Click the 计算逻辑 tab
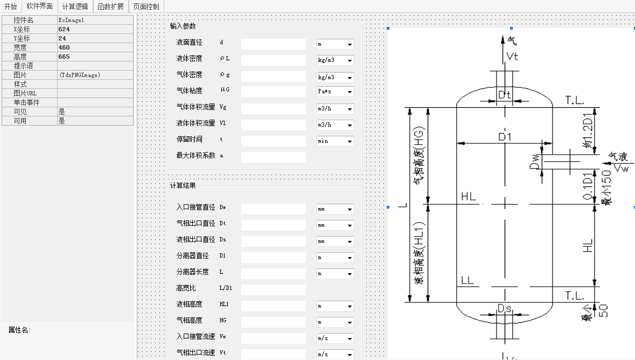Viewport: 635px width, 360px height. pyautogui.click(x=75, y=6)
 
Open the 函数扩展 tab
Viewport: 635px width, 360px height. pyautogui.click(x=110, y=6)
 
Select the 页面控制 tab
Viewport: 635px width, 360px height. pyautogui.click(x=146, y=6)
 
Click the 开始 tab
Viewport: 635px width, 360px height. pyautogui.click(x=11, y=6)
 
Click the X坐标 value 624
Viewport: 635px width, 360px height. pyautogui.click(x=64, y=29)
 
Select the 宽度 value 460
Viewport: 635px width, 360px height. pyautogui.click(x=64, y=47)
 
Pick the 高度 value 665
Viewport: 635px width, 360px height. pyautogui.click(x=64, y=57)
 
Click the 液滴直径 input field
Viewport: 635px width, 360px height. pyautogui.click(x=273, y=44)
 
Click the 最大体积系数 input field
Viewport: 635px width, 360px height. pyautogui.click(x=273, y=157)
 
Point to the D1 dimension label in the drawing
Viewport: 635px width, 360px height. pyautogui.click(x=504, y=137)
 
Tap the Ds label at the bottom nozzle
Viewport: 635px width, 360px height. pyautogui.click(x=504, y=309)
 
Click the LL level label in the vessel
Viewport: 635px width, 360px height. pyautogui.click(x=467, y=281)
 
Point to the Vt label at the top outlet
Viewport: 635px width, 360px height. pyautogui.click(x=512, y=56)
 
